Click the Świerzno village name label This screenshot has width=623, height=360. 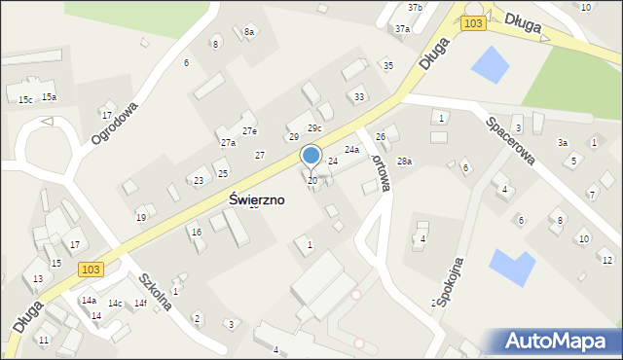coord(256,198)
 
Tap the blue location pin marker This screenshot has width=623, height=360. coord(311,156)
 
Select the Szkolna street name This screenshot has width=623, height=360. coord(156,291)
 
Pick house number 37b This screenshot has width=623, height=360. coord(416,8)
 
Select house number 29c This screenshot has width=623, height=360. coord(314,128)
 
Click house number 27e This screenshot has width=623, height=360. coord(250,131)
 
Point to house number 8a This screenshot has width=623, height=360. coord(249,32)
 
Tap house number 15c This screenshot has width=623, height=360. coord(25,100)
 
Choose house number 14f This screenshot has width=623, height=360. coord(140,304)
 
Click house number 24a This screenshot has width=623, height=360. coord(351,150)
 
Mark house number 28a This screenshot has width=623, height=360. coord(404,161)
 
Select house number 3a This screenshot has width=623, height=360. coord(563,142)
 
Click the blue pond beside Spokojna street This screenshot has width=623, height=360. coord(512,264)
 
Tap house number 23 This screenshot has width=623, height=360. coord(199,181)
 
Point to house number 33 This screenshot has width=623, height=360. coord(359,97)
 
